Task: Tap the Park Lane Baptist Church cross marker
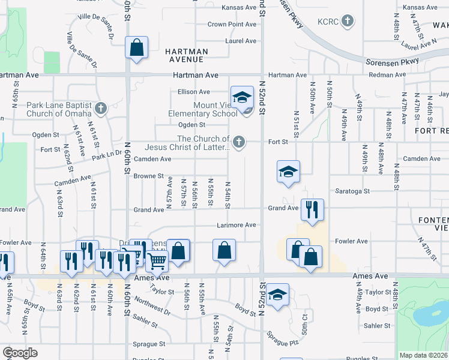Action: point(101,109)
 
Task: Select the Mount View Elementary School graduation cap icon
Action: point(242,97)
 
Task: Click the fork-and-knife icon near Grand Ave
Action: point(311,209)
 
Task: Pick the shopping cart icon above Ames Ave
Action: point(157,261)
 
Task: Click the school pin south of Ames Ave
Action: point(278,295)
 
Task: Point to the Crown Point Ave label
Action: point(232,25)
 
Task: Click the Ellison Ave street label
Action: point(193,92)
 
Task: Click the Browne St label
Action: point(149,176)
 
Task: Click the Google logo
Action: point(20,352)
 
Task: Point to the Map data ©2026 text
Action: point(424,355)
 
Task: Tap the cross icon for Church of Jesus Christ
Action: point(239,142)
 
